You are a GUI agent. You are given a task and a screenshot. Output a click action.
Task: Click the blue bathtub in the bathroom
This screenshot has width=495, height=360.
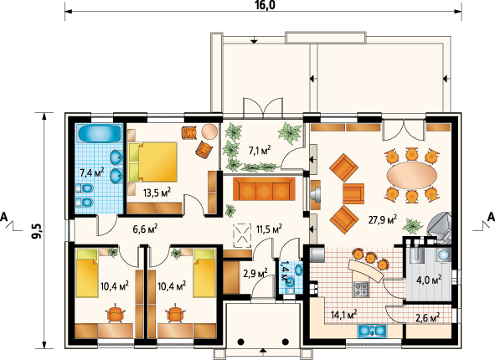click(100, 134)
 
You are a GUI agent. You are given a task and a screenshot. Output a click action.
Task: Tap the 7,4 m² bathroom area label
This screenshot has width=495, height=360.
click(92, 172)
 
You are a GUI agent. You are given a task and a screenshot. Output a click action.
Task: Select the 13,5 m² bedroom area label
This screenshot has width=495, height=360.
click(157, 192)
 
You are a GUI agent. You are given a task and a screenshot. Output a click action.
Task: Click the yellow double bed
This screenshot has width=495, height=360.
click(152, 162)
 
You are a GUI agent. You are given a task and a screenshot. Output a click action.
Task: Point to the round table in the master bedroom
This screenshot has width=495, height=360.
click(209, 131)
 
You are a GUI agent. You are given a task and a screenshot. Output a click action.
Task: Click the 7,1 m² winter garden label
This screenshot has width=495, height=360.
click(260, 150)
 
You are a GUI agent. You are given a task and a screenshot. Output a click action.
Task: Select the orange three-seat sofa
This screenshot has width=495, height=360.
click(264, 188)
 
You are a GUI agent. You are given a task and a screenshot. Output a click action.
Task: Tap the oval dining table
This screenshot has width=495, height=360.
click(412, 175)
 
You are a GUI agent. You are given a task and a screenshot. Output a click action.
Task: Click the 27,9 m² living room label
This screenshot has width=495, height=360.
click(383, 219)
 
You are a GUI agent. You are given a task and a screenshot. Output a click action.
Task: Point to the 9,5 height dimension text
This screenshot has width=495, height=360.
click(37, 230)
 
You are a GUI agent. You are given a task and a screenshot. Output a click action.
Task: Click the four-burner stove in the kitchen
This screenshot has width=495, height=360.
click(360, 289)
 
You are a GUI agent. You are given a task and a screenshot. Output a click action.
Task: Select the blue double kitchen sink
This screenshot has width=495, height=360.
click(372, 331)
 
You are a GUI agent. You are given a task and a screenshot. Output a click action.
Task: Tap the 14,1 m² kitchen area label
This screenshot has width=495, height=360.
click(343, 315)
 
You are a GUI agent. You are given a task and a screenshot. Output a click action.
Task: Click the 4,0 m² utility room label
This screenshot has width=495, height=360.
click(429, 280)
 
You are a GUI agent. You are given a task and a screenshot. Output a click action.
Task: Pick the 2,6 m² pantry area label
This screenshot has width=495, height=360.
click(427, 317)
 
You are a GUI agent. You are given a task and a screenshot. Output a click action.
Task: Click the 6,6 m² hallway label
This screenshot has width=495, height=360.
click(145, 229)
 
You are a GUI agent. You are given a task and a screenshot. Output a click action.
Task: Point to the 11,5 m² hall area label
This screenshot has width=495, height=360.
click(269, 229)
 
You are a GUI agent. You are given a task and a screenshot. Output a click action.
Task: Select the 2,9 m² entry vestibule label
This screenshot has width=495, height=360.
click(255, 273)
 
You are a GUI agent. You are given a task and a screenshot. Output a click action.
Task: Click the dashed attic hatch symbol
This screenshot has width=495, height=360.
click(242, 235)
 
